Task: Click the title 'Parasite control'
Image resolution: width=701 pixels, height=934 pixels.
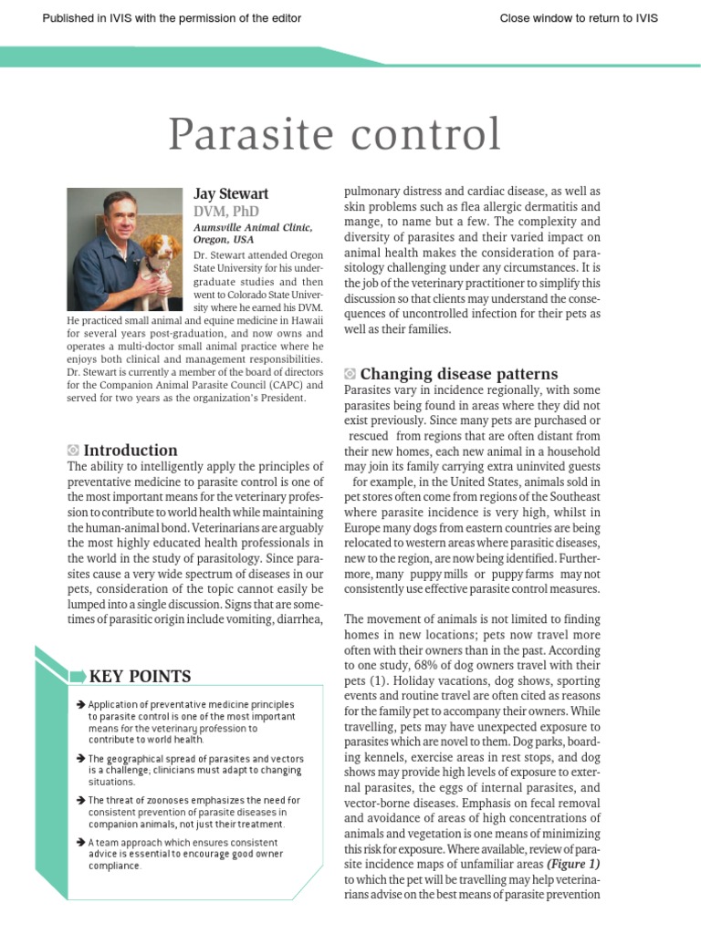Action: point(335,135)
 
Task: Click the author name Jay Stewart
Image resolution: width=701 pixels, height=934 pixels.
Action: point(231,194)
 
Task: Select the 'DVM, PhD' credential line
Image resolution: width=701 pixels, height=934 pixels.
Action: point(226,212)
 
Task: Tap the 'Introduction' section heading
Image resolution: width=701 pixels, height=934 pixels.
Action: point(131,450)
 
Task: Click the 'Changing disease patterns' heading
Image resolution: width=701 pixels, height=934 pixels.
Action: point(459,374)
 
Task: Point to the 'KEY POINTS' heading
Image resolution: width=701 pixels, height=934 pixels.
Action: point(140,676)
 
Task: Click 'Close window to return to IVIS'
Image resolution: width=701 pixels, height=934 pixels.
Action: point(579,18)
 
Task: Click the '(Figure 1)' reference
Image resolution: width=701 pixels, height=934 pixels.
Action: point(573,864)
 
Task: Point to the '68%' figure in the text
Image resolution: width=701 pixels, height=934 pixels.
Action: point(443,665)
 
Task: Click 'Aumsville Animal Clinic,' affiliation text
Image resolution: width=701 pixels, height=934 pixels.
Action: point(253,227)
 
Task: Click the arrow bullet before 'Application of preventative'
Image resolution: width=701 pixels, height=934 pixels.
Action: point(81,705)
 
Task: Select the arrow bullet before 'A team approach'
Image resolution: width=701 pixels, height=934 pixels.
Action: point(81,842)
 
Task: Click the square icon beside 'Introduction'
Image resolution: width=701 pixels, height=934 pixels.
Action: point(73,450)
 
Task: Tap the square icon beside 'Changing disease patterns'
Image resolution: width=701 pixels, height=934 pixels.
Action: point(350,374)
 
